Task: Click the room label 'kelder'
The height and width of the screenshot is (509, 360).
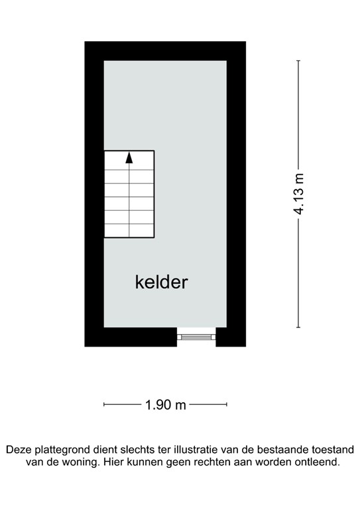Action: tap(162, 283)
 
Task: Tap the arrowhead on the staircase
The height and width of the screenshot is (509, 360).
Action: tap(129, 158)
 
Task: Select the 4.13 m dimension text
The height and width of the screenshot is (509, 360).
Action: tap(300, 194)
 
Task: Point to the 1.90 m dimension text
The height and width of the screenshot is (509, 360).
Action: tap(166, 404)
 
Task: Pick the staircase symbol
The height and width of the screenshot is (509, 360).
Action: tap(129, 194)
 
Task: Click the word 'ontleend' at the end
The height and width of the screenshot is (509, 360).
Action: tap(318, 462)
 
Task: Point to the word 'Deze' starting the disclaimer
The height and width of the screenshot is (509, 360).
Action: tap(19, 449)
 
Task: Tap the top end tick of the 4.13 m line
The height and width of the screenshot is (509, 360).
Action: tap(298, 61)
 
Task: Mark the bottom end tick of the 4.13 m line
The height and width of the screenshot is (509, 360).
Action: tap(298, 327)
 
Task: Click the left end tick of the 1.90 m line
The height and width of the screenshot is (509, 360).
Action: tap(104, 404)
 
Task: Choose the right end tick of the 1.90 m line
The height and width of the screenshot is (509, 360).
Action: tap(227, 404)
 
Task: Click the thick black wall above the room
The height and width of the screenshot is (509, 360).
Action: tap(165, 51)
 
